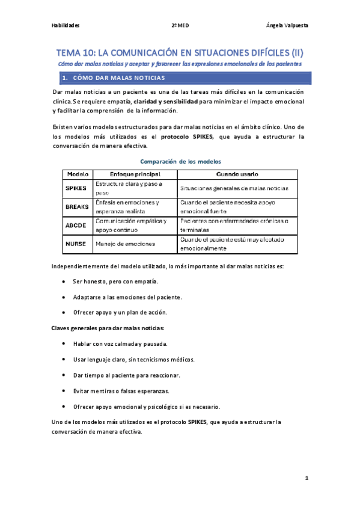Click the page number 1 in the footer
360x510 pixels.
pos(306,478)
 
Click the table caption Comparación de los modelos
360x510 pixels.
pos(180,161)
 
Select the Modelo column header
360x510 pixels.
pos(78,174)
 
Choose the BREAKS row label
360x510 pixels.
pos(76,206)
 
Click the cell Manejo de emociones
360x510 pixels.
pos(125,244)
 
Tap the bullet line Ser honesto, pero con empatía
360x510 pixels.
pos(115,281)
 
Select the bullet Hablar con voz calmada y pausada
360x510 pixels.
pos(120,344)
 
